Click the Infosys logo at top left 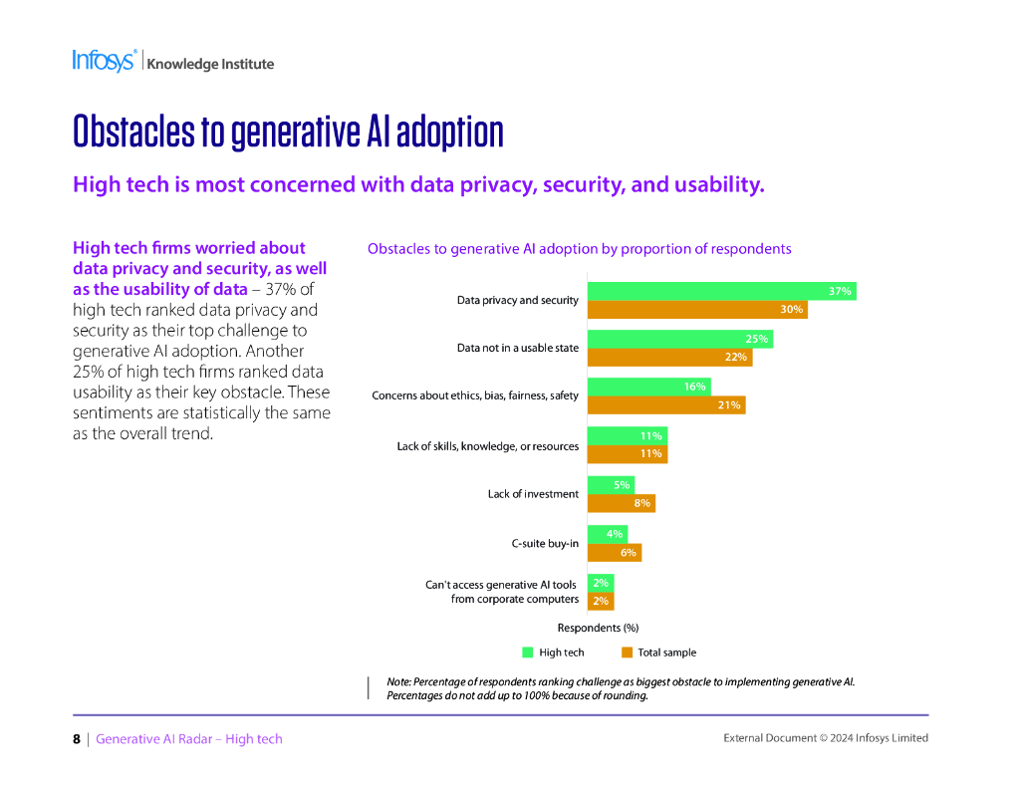coord(104,61)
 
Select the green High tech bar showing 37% coord(721,291)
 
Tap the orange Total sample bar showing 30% coord(697,310)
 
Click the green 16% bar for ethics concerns coord(648,387)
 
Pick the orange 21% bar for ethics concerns coord(665,405)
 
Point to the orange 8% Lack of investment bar coord(621,503)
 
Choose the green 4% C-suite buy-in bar coord(607,534)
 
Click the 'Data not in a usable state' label coord(517,348)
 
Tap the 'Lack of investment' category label coord(533,494)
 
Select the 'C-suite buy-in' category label coord(545,543)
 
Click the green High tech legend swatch coord(528,653)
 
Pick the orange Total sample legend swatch coord(627,653)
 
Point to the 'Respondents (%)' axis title coord(598,628)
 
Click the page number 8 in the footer coord(77,739)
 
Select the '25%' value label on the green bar coord(757,339)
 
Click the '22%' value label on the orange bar coord(736,358)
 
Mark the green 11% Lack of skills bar coord(627,435)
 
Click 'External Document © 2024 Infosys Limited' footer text coord(825,738)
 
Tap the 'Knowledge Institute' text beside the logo coord(210,64)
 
